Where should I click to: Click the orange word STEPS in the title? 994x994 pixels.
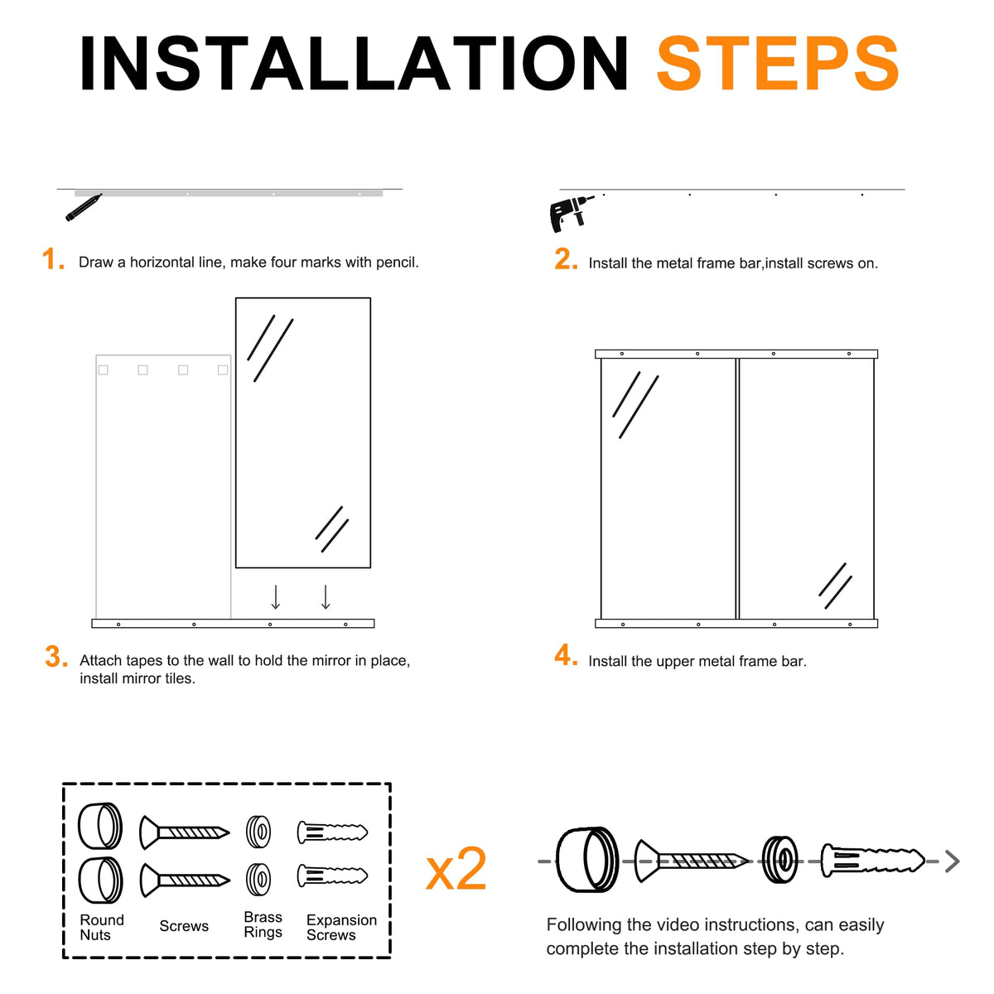point(777,64)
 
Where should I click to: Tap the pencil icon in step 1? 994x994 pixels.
point(84,207)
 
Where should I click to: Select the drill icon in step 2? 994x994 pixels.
point(571,213)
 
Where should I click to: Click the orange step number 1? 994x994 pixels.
point(53,259)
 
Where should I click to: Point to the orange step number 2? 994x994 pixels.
point(566,259)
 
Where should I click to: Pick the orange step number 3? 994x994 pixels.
point(55,657)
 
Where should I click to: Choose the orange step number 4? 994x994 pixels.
point(566,655)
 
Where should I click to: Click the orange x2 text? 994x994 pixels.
point(456,869)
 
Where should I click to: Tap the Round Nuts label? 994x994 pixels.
point(102,928)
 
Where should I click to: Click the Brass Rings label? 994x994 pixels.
point(263,924)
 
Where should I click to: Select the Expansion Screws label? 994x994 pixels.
point(341,928)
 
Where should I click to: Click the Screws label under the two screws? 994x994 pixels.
point(184,926)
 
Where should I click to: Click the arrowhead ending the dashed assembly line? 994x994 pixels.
point(953,861)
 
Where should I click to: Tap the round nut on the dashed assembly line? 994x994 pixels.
point(587,860)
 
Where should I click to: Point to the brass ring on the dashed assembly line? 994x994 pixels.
point(779,860)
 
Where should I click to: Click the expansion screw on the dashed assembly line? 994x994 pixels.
point(872,860)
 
